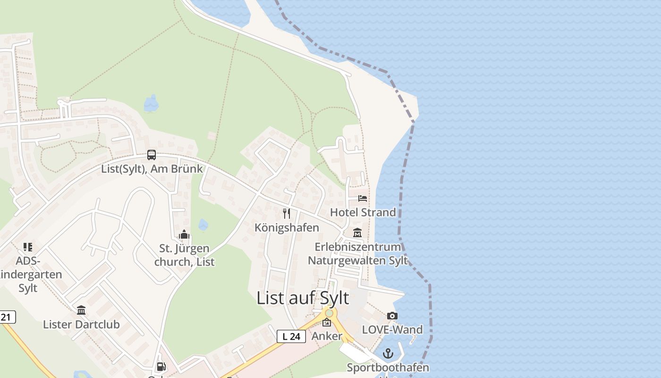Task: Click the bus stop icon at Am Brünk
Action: coord(152,155)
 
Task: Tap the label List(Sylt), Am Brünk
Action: coord(152,169)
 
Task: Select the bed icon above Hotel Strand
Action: coord(363,198)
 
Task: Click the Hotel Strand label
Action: coord(363,212)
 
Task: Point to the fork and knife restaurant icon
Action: coord(287,214)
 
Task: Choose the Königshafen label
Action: coord(287,227)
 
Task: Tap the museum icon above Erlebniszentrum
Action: coord(357,233)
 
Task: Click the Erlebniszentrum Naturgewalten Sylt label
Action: coord(358,254)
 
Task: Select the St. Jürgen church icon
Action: coord(184,235)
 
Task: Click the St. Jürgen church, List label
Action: coord(184,255)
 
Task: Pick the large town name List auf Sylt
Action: coord(303,298)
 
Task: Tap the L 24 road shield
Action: coord(291,336)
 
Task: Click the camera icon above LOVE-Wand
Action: coord(392,316)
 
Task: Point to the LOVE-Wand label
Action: coord(392,329)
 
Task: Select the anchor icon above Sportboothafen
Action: coord(388,353)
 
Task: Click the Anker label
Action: coord(327,336)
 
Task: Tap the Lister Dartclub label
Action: coord(81,325)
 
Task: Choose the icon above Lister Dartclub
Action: coord(81,310)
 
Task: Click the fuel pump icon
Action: coord(161,366)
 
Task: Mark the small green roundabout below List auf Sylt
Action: coord(329,313)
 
